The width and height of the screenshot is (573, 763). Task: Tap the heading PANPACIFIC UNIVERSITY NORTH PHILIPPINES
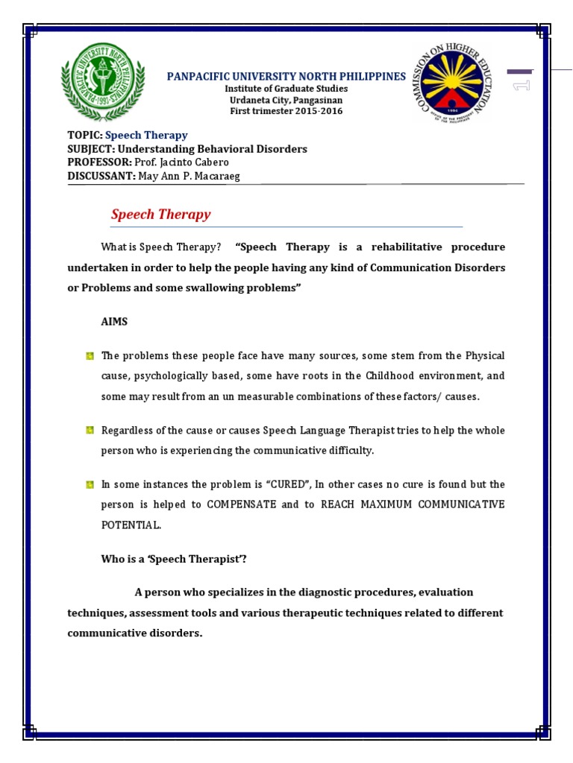click(286, 77)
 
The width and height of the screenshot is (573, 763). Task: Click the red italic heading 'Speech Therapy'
click(160, 215)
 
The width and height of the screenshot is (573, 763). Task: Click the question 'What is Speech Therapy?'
click(161, 247)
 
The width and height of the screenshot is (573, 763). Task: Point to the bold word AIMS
click(114, 321)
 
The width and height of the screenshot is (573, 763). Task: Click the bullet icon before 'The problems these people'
click(90, 356)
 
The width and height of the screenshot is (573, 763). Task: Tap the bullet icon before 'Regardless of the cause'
click(90, 431)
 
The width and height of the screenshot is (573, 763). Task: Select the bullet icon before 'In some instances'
click(90, 484)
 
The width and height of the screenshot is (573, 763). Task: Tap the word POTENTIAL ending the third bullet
click(131, 525)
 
